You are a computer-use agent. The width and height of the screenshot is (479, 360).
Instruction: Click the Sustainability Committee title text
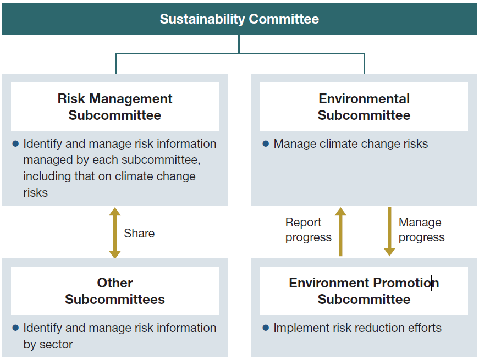point(239,19)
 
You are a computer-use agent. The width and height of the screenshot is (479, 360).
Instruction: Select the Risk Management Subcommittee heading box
point(115,107)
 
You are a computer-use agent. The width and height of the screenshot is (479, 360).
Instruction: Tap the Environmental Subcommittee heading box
point(364,107)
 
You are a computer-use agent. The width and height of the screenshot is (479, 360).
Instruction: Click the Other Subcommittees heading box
point(115,291)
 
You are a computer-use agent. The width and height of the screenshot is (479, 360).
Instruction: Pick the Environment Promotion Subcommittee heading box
point(364,291)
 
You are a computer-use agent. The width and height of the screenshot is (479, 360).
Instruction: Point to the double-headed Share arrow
point(114,232)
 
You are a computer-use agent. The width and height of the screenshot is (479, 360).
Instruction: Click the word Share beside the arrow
point(139,233)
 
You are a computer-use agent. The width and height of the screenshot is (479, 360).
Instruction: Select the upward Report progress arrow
point(340,231)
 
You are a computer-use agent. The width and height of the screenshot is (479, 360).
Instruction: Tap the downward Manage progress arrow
point(389,231)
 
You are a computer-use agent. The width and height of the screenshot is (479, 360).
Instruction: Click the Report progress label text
point(308,230)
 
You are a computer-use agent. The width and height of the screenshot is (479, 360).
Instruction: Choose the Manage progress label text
point(421,230)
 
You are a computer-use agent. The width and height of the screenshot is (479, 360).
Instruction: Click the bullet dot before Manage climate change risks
point(266,144)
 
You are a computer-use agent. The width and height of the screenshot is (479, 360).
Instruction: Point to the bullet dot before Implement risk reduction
point(266,328)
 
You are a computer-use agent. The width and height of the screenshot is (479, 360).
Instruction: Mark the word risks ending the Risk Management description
point(35,193)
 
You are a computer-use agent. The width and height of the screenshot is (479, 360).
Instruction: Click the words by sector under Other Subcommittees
point(48,345)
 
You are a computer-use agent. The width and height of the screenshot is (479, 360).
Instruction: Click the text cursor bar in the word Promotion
point(431,283)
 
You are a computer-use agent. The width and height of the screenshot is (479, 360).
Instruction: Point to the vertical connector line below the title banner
point(239,44)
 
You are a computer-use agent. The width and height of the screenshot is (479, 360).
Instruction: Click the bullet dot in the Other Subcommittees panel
point(15,328)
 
